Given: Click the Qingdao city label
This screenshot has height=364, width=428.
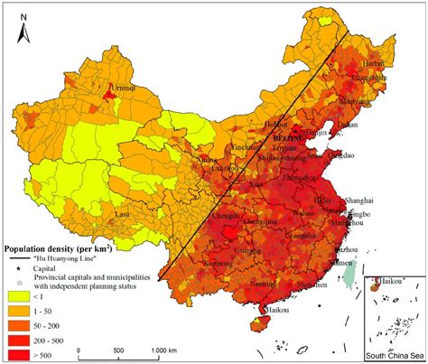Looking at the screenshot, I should [x=338, y=154].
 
